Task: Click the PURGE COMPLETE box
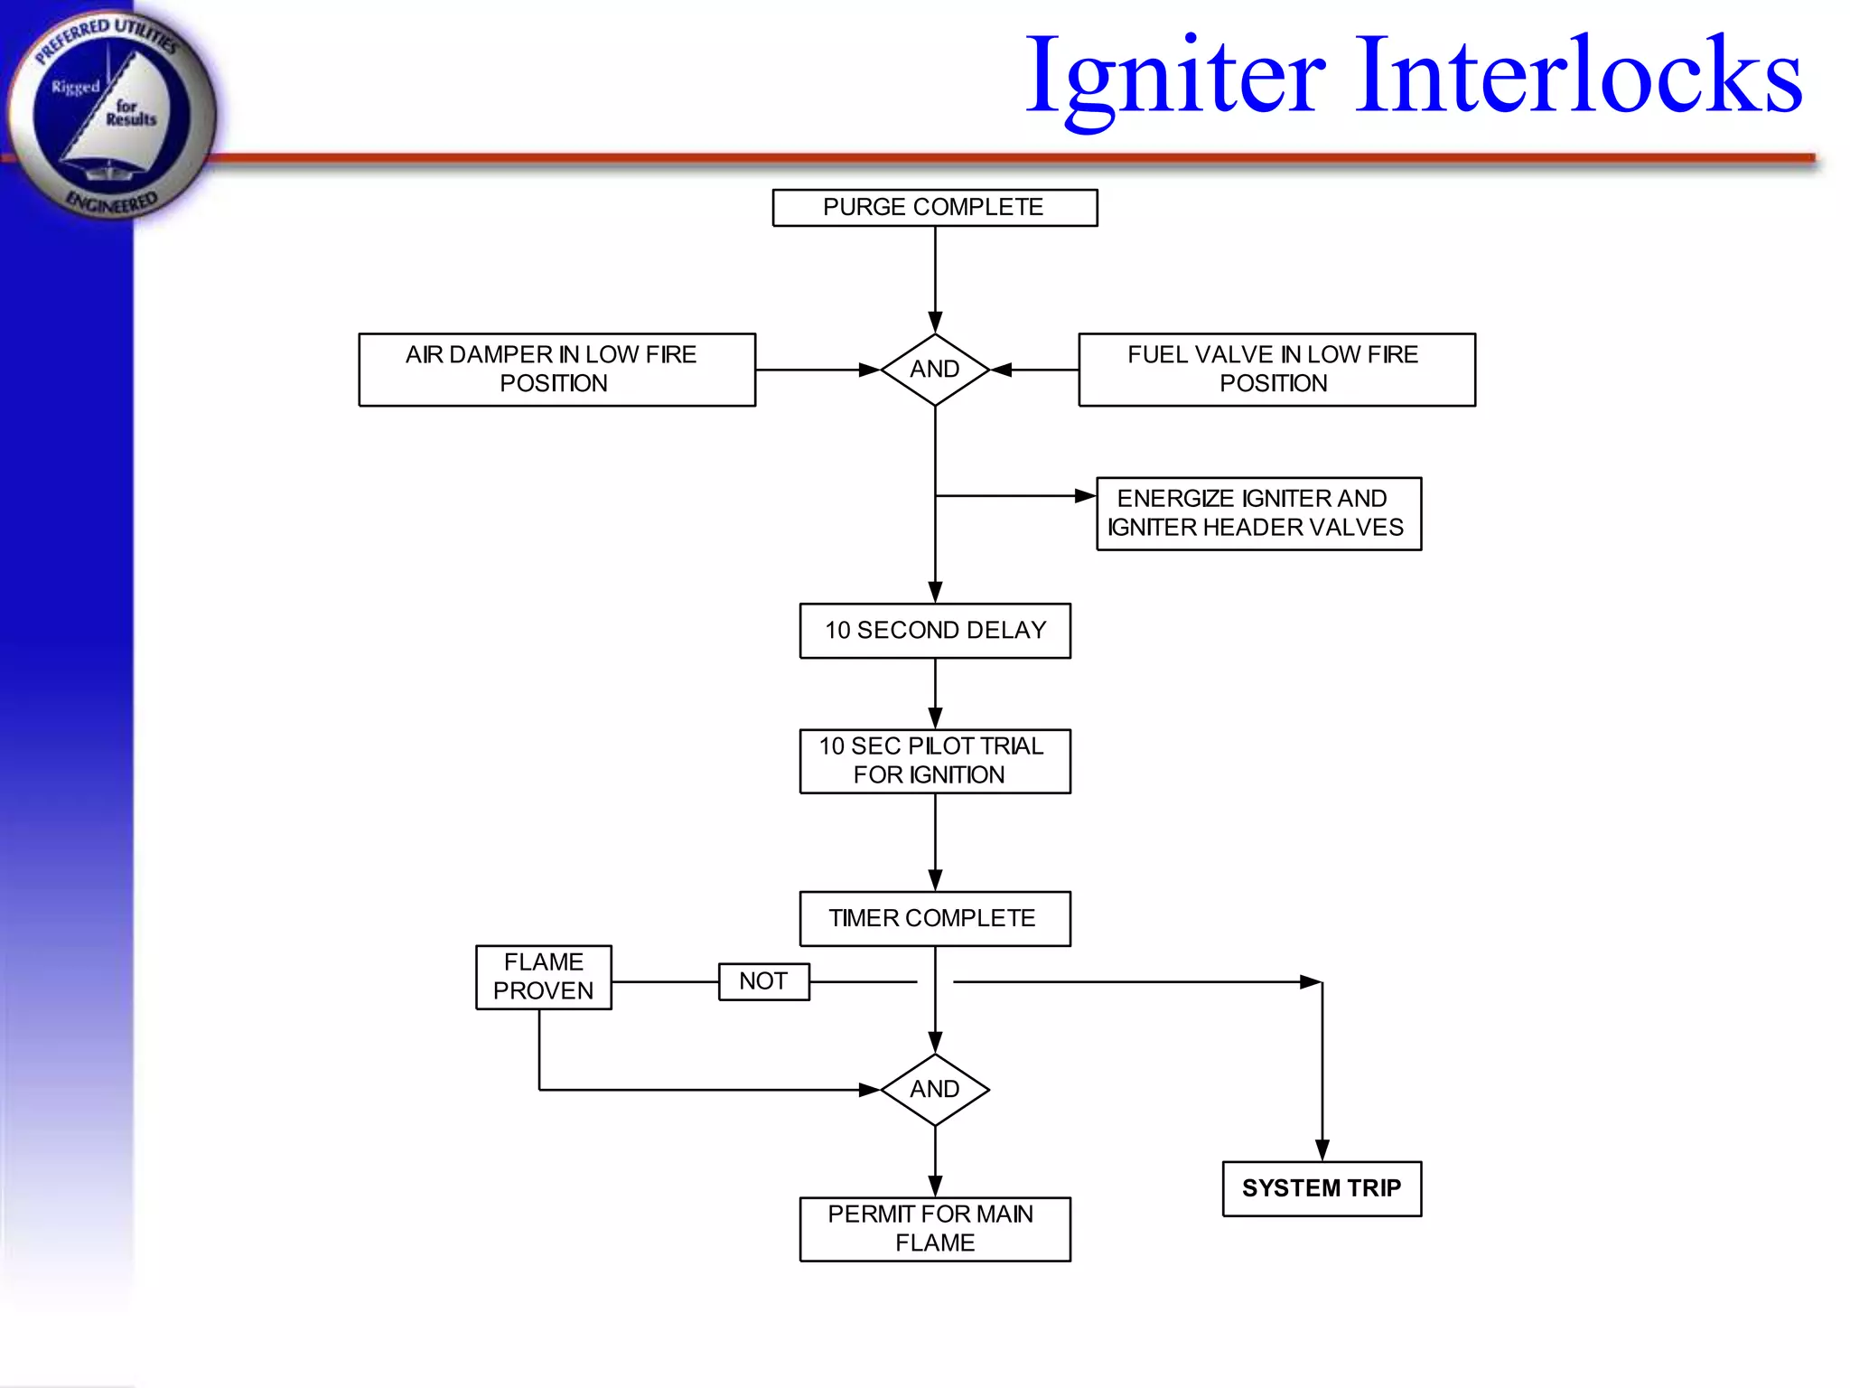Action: click(934, 208)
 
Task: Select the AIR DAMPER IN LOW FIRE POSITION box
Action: click(556, 370)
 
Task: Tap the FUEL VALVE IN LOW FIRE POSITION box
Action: click(1276, 370)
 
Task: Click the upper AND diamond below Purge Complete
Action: click(934, 370)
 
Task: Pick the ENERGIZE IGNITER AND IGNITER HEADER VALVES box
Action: click(1258, 513)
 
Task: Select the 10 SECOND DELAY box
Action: click(934, 631)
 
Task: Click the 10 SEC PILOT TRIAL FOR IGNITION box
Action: click(934, 761)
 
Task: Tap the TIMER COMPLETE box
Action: click(934, 918)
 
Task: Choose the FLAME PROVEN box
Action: click(543, 977)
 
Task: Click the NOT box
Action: click(763, 981)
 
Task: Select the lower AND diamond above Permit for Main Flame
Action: click(934, 1090)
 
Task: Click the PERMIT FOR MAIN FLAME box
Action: click(934, 1229)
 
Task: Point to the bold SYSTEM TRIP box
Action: click(1322, 1188)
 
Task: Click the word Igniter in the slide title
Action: click(1174, 77)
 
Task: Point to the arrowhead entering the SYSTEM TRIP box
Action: click(1322, 1149)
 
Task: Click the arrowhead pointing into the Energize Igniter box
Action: click(1084, 496)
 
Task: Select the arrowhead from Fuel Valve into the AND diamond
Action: click(1002, 370)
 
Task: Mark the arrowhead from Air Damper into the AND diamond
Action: click(868, 370)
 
